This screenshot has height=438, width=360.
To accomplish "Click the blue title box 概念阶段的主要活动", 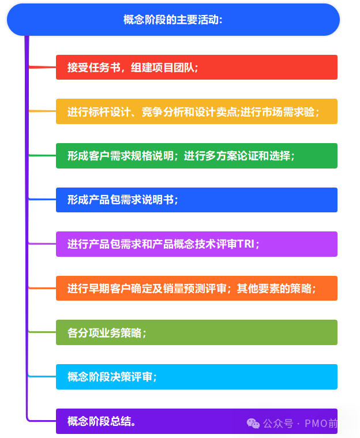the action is [173, 20].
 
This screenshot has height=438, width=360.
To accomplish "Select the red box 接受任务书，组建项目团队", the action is [196, 67].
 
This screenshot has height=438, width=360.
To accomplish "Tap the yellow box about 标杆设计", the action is [196, 111].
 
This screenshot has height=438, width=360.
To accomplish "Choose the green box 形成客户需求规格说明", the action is [196, 156].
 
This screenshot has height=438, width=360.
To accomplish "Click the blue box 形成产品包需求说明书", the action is [196, 200].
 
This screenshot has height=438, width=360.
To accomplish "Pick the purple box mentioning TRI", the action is [196, 244].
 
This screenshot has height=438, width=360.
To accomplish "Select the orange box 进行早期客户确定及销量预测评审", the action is [196, 289].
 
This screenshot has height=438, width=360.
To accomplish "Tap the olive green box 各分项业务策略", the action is [196, 332].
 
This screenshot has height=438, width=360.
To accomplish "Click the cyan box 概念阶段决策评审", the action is [196, 377].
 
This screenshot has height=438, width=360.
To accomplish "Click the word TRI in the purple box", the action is [246, 244].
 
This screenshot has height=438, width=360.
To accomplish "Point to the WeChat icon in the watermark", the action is [253, 424].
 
